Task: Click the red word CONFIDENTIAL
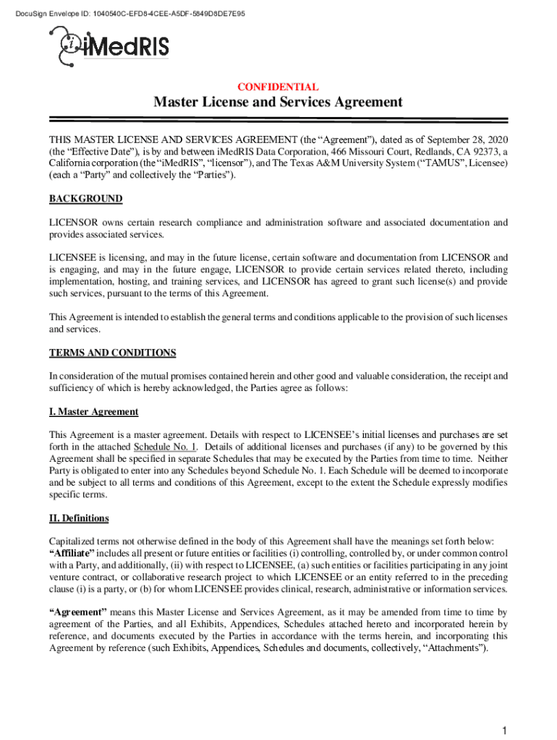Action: (278, 87)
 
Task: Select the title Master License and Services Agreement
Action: (278, 103)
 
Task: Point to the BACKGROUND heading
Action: (85, 199)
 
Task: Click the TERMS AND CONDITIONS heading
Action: (112, 353)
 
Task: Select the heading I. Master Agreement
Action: (93, 412)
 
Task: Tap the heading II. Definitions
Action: (79, 518)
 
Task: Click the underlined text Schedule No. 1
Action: (165, 447)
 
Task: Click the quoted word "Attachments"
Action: (455, 647)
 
